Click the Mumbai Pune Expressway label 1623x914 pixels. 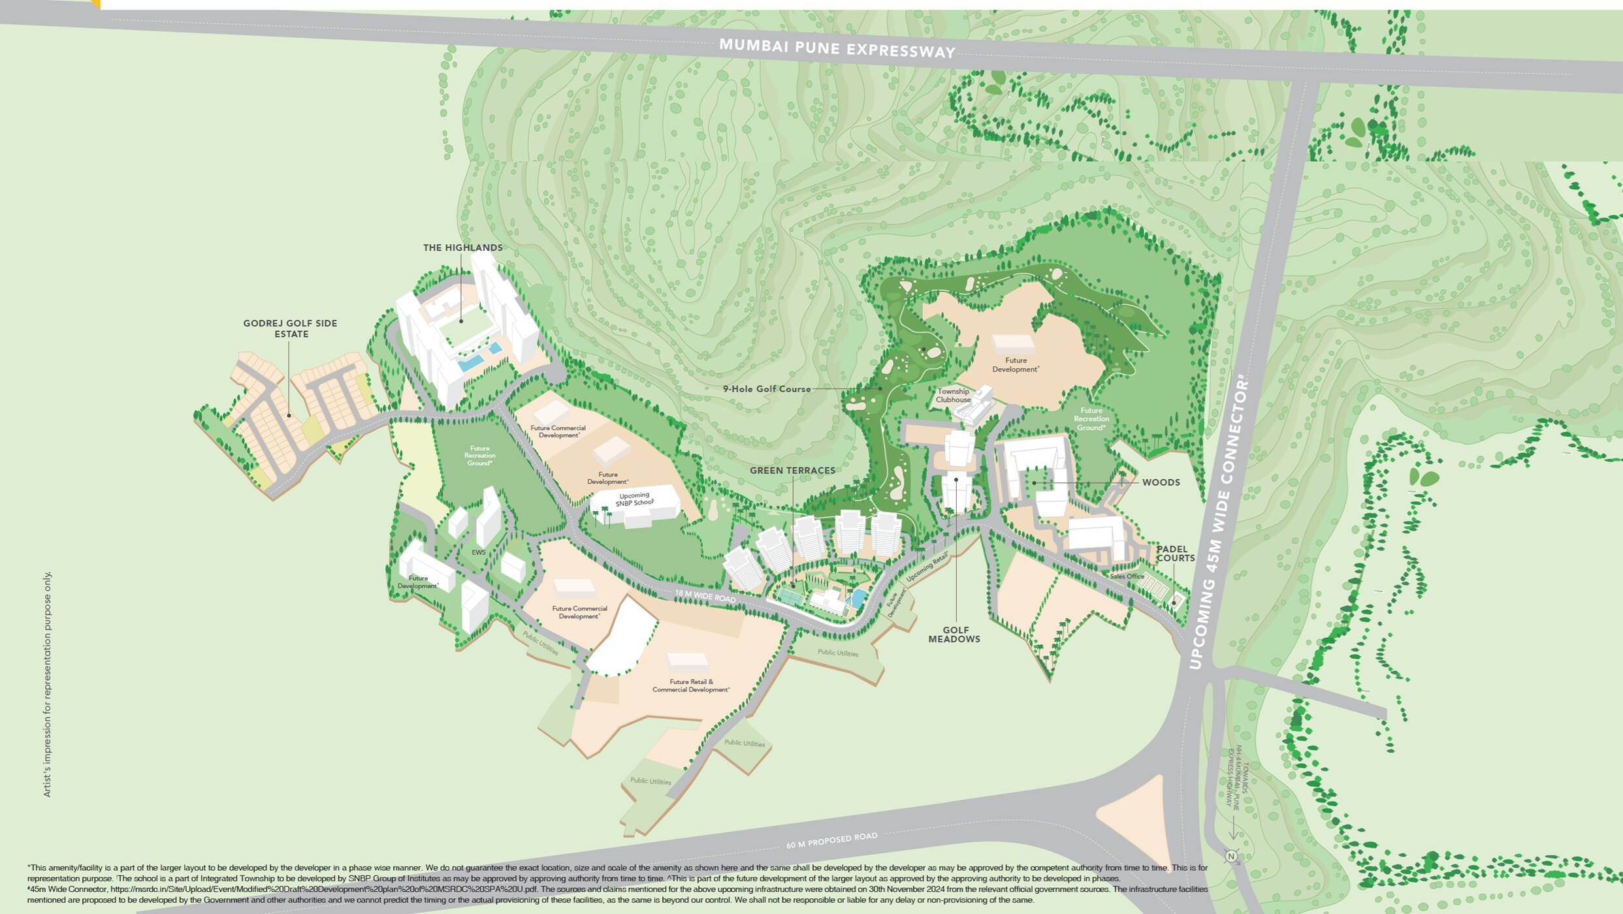point(837,48)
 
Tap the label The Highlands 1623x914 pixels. point(462,247)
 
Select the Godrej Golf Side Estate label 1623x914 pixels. point(291,328)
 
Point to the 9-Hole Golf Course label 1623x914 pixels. point(766,389)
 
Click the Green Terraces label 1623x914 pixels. point(792,470)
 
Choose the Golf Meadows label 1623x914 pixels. point(955,635)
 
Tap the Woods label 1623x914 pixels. point(1161,482)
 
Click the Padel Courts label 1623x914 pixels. point(1175,554)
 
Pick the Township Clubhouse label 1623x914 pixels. point(954,396)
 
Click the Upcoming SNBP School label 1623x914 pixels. point(634,499)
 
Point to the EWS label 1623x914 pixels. point(479,552)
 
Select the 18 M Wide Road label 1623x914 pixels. point(705,597)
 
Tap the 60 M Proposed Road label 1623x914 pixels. point(831,840)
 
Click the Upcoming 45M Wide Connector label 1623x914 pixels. point(1219,522)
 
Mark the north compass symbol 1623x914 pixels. point(1231,857)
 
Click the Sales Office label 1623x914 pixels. point(1127,576)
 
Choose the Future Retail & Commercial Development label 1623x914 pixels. point(691,685)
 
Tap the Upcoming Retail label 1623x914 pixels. point(927,567)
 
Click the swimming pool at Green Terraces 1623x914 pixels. point(858,598)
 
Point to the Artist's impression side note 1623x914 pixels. point(47,684)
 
